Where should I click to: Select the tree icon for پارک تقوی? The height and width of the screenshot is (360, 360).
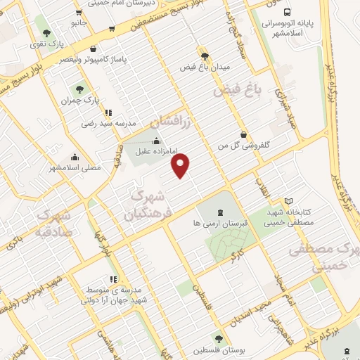coord(46,32)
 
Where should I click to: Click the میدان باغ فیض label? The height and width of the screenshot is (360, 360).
coord(205,67)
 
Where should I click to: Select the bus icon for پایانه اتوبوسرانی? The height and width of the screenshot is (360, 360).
coord(287,11)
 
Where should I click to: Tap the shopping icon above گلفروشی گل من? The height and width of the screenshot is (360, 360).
coord(243,134)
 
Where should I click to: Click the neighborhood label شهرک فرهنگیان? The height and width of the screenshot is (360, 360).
coord(148,197)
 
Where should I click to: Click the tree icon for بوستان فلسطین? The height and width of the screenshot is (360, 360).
coord(220,339)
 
